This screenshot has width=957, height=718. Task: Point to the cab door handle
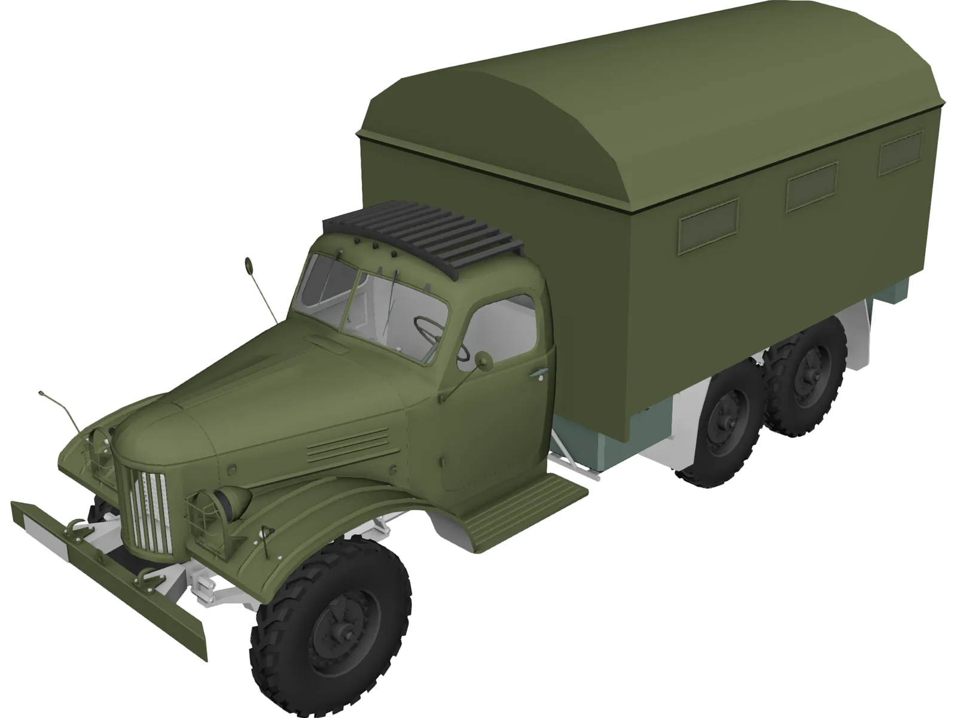(538, 375)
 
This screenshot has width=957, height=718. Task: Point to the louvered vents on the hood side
(347, 446)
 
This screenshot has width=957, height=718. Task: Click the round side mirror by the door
(483, 359)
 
